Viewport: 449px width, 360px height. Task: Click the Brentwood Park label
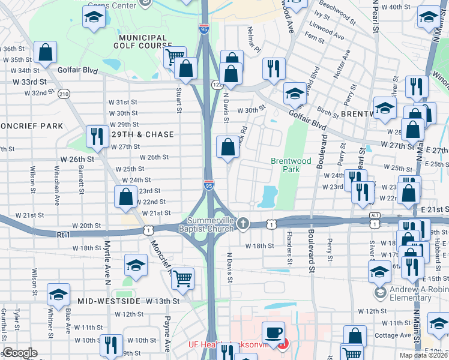291,166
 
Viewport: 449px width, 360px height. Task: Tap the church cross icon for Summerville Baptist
243,224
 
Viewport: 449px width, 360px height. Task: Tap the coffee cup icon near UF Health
275,332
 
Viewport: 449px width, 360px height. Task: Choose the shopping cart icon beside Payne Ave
182,278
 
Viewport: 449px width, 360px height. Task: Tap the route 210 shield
64,94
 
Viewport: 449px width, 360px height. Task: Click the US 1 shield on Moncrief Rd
147,229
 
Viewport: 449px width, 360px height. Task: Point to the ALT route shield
375,215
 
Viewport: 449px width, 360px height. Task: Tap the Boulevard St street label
312,246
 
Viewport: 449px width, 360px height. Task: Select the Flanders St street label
289,248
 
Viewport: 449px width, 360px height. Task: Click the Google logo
20,353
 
